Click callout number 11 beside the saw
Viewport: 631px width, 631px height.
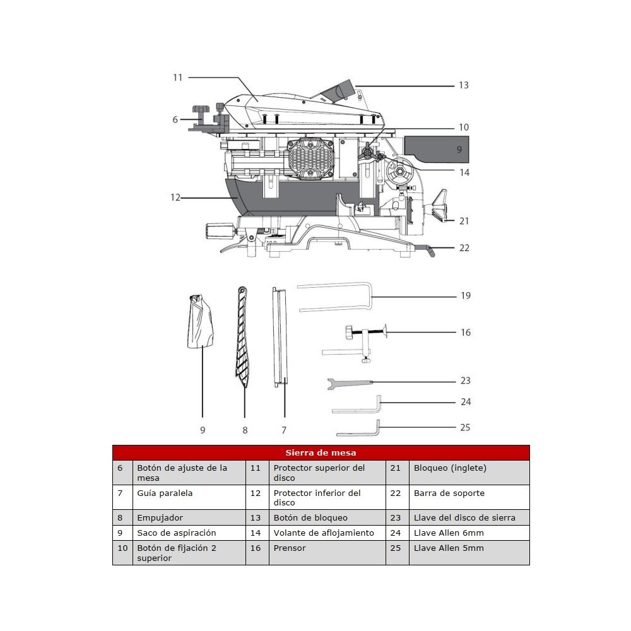point(177,77)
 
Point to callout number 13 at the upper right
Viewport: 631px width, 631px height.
point(464,85)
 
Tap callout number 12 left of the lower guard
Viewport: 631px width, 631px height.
point(175,198)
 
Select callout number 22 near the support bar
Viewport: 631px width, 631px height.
point(464,248)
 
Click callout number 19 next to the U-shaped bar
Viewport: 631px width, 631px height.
point(466,295)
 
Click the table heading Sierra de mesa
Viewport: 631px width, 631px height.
point(321,452)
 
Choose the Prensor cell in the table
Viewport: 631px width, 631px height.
point(289,548)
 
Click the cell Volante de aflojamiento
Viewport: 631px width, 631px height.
point(323,533)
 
